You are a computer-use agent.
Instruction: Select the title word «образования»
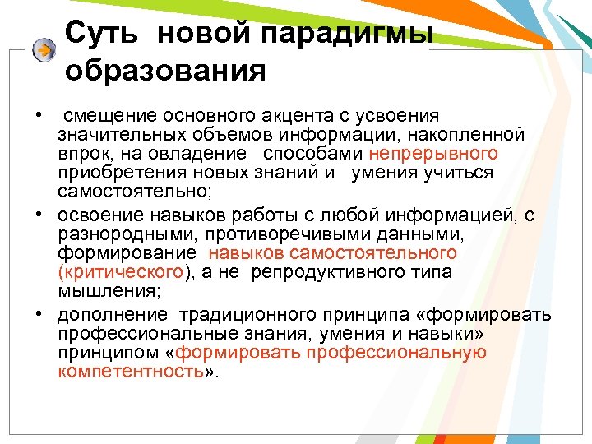pyautogui.click(x=165, y=71)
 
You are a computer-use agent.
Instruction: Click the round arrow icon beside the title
pyautogui.click(x=44, y=50)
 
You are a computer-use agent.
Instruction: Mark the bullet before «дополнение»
pyautogui.click(x=39, y=316)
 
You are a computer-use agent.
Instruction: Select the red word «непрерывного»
pyautogui.click(x=433, y=153)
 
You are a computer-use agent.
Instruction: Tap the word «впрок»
pyautogui.click(x=80, y=153)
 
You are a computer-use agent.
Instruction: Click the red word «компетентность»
pyautogui.click(x=130, y=372)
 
